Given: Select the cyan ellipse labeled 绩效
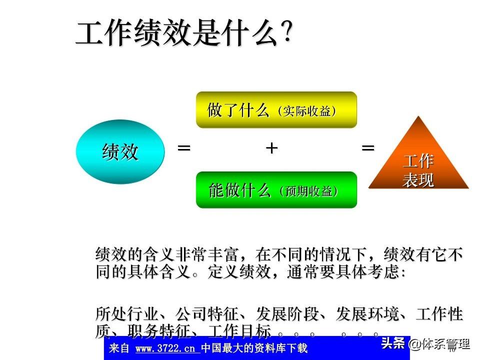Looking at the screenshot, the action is pyautogui.click(x=120, y=151).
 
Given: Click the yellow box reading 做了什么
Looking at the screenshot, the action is pyautogui.click(x=276, y=109).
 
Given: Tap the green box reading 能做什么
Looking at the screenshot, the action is pyautogui.click(x=276, y=190).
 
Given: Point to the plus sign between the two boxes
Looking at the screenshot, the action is pyautogui.click(x=271, y=148).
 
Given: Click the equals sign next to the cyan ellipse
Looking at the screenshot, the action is pyautogui.click(x=184, y=148).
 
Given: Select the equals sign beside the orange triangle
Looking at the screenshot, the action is pyautogui.click(x=368, y=148).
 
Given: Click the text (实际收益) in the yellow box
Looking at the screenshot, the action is pyautogui.click(x=307, y=111).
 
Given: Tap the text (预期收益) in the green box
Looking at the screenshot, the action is pyautogui.click(x=308, y=191).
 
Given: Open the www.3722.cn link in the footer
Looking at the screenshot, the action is pyautogui.click(x=165, y=348).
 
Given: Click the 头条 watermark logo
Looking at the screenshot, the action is pyautogui.click(x=393, y=343).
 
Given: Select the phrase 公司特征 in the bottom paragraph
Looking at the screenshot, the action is pyautogui.click(x=207, y=313).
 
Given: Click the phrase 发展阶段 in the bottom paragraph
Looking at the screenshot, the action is pyautogui.click(x=287, y=313).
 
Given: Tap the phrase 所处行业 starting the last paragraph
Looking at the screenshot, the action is pyautogui.click(x=127, y=313).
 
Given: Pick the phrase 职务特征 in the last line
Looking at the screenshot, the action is pyautogui.click(x=159, y=330).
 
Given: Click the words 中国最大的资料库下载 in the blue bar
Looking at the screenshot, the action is pyautogui.click(x=254, y=348).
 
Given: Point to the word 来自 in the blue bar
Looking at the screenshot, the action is pyautogui.click(x=119, y=348).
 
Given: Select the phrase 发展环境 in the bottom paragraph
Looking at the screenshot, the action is pyautogui.click(x=367, y=313).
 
